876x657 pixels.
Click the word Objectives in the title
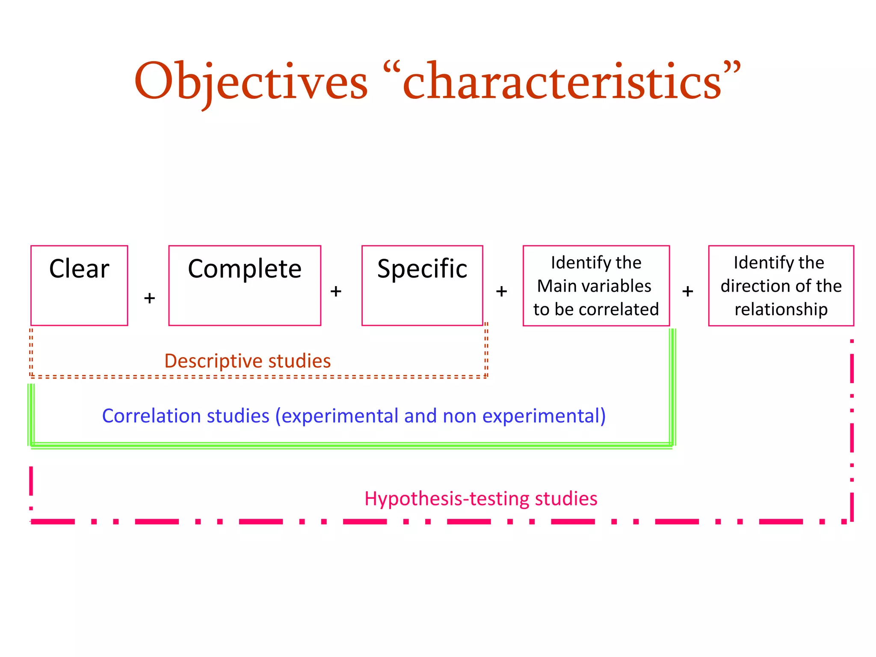click(x=251, y=81)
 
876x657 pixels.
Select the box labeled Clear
click(x=79, y=285)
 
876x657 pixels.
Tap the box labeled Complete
click(x=245, y=285)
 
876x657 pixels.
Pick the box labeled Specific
click(x=422, y=285)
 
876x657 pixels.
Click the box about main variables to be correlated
click(x=596, y=285)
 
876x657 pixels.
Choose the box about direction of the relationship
click(x=781, y=285)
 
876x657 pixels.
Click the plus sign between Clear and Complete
click(x=149, y=298)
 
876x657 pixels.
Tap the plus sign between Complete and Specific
click(x=336, y=291)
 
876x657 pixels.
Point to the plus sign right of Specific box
click(x=501, y=291)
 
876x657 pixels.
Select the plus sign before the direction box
click(x=687, y=291)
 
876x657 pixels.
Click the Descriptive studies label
click(x=247, y=361)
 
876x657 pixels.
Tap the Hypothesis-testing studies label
click(x=481, y=499)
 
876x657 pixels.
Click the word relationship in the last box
click(x=781, y=309)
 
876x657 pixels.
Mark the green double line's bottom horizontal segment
click(x=351, y=446)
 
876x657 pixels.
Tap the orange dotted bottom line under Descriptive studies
click(x=257, y=377)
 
